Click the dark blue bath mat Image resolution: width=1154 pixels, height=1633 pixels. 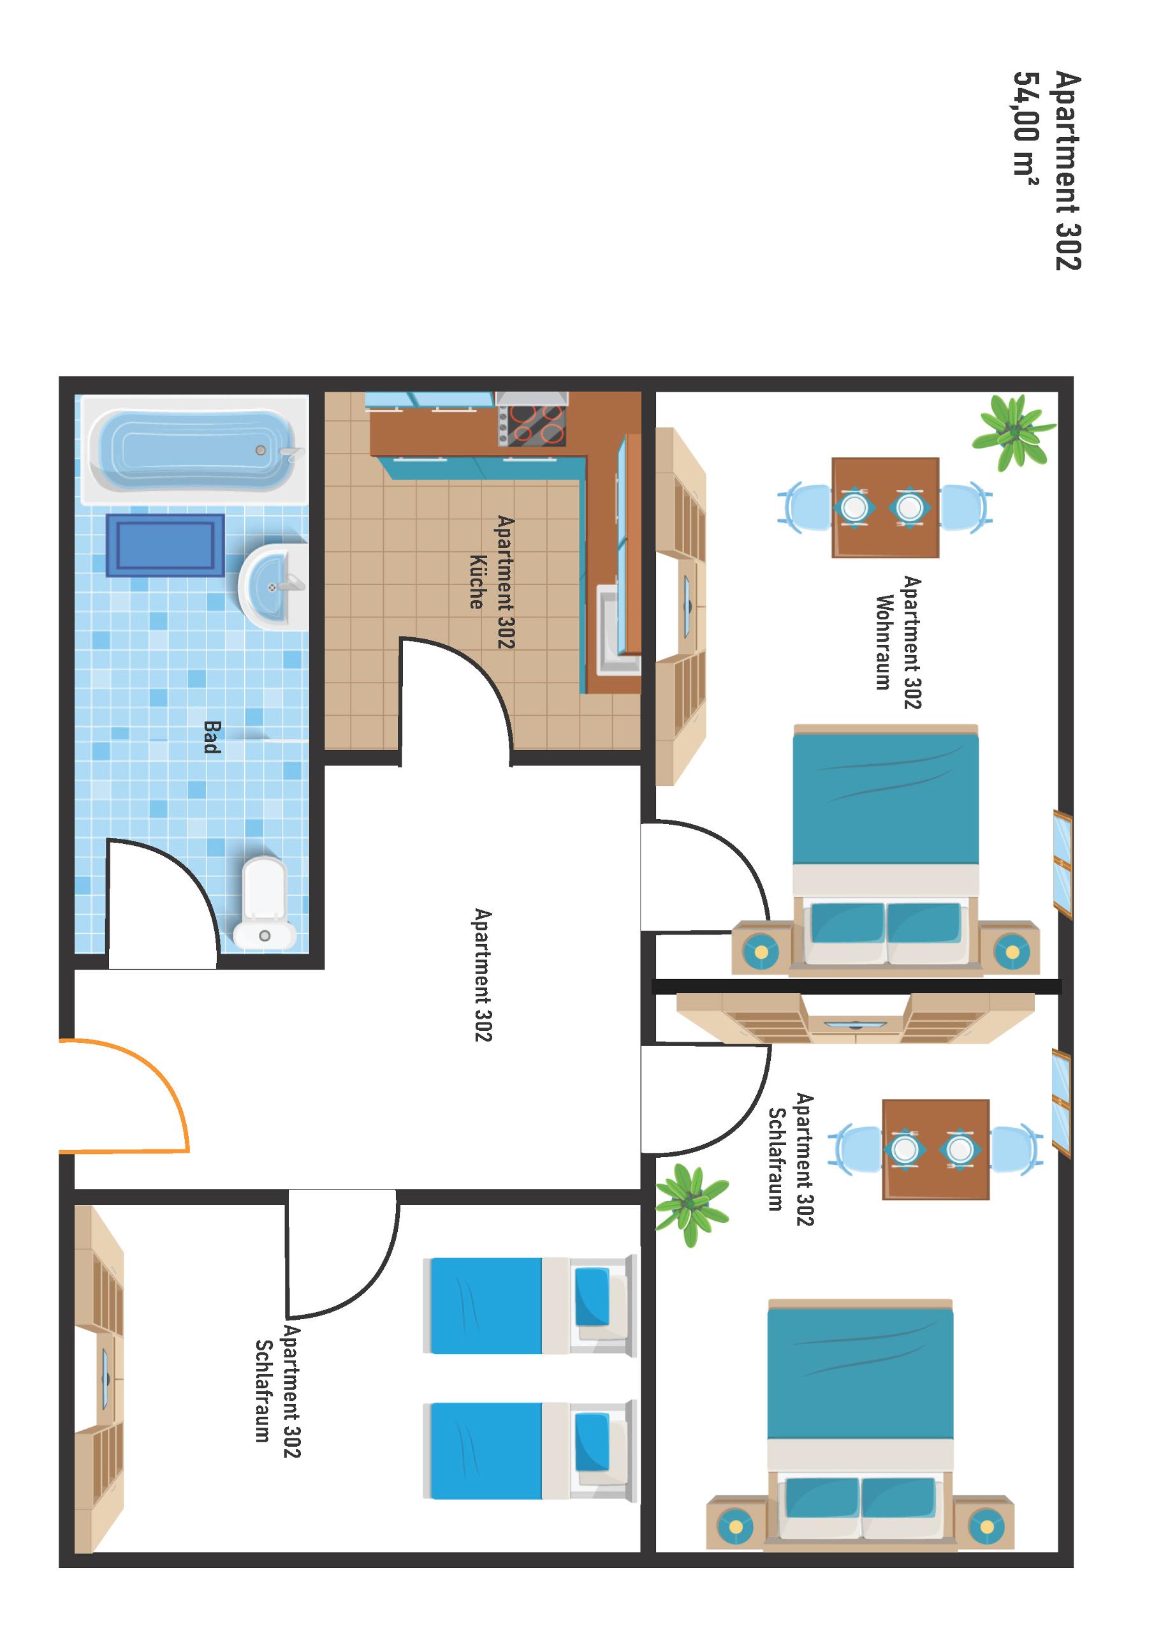(165, 545)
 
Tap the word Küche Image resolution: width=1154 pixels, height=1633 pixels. (476, 582)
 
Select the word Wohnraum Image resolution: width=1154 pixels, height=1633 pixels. (884, 642)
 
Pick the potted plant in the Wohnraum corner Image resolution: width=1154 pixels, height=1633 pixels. (1013, 432)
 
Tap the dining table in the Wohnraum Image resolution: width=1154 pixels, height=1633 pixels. (885, 507)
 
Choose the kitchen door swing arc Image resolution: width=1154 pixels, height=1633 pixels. (469, 676)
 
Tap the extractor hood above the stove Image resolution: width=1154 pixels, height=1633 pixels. (532, 397)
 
